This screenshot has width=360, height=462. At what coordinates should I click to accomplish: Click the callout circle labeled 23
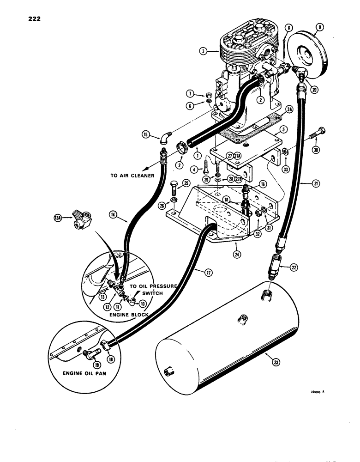[x=276, y=363]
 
